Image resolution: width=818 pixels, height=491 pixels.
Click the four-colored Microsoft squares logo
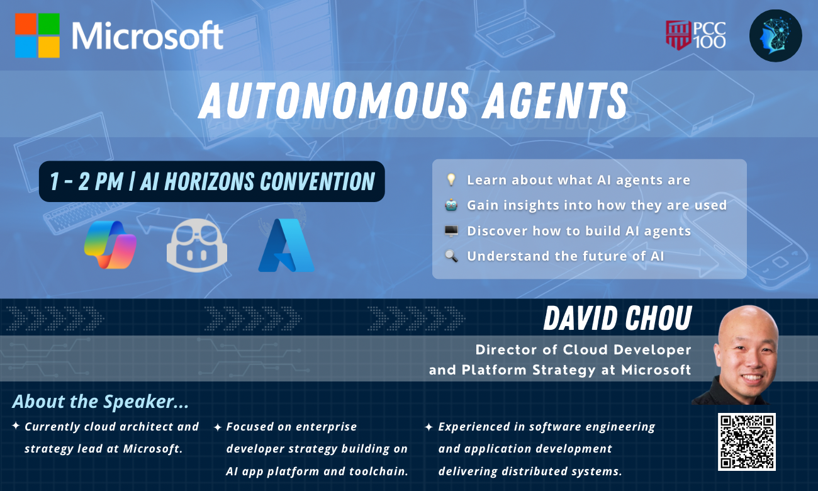tap(37, 35)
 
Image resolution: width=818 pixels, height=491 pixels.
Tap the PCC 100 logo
tap(696, 35)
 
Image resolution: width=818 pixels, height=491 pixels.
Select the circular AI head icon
tap(776, 35)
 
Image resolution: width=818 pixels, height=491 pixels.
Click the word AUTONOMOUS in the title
tap(333, 101)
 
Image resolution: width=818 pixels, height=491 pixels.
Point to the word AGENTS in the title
tap(555, 101)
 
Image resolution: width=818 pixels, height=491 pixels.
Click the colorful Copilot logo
tap(110, 245)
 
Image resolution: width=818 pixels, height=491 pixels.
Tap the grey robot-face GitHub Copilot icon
tap(197, 245)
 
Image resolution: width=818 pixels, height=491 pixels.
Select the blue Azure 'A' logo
tap(286, 245)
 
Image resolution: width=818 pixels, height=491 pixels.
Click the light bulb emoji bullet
tap(451, 179)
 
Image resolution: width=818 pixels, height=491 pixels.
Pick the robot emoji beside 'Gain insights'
tap(451, 205)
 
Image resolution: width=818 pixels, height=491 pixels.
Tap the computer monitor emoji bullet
tap(451, 231)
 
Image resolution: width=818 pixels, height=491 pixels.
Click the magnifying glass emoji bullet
tap(451, 256)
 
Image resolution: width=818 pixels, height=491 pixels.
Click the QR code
tap(747, 442)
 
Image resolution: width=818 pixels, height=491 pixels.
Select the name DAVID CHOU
tap(617, 318)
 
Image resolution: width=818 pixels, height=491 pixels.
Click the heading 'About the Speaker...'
tap(101, 402)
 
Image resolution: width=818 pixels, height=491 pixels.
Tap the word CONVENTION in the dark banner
tap(317, 181)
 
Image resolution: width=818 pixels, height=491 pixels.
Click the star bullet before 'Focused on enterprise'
tap(217, 427)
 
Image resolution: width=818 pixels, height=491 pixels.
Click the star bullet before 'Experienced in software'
tap(429, 427)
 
